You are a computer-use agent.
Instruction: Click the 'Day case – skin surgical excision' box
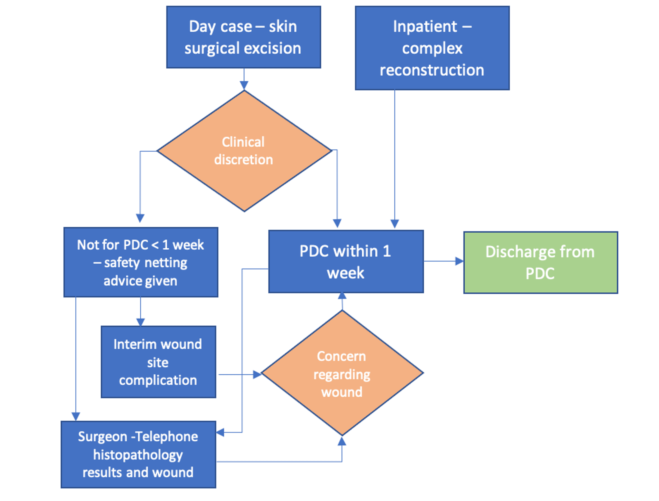(x=243, y=37)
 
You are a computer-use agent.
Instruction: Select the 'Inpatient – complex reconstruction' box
(x=432, y=48)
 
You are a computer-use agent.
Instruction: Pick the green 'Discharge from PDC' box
(x=540, y=263)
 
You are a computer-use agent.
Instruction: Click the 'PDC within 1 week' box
(x=346, y=262)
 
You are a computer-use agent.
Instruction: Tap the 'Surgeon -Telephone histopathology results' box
(x=138, y=454)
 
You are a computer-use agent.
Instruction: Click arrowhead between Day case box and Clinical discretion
(x=244, y=85)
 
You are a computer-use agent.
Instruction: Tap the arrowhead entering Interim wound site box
(x=140, y=322)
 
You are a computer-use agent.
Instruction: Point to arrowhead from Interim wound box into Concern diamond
(x=257, y=375)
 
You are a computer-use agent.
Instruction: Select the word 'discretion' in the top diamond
(x=243, y=160)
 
